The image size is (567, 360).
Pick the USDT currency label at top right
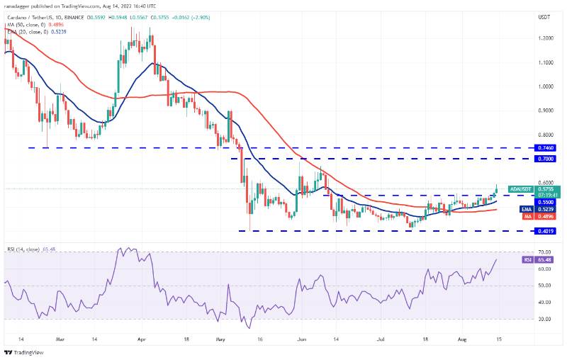coord(544,16)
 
